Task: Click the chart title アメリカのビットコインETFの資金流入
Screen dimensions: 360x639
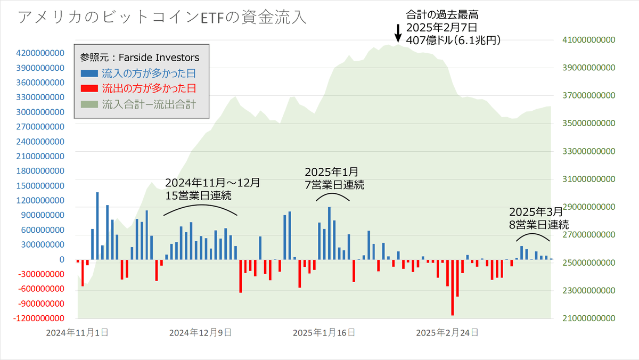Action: (162, 18)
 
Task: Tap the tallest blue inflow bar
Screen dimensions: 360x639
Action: (97, 226)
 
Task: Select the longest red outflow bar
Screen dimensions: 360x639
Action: (453, 288)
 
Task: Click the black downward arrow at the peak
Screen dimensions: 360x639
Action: (397, 34)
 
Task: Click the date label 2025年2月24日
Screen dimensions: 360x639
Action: (447, 333)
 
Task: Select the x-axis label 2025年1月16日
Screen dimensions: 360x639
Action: (324, 333)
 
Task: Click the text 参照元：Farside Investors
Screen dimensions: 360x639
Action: (140, 57)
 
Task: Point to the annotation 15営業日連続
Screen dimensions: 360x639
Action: (198, 195)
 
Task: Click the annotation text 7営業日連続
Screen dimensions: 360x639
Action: (334, 185)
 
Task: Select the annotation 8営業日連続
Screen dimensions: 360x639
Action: (539, 224)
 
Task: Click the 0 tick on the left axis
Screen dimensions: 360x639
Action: (62, 259)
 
